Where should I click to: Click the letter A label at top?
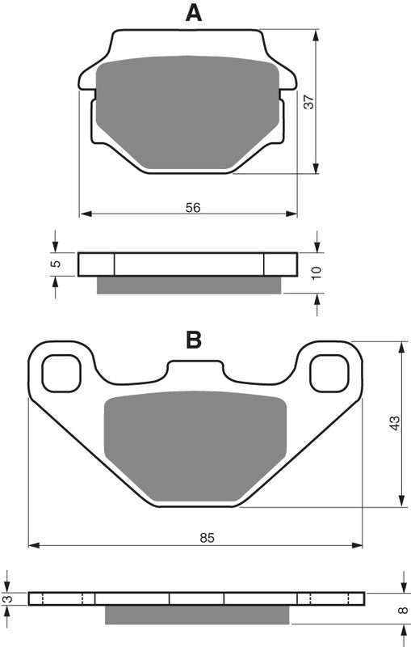click(x=193, y=13)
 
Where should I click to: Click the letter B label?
click(x=194, y=340)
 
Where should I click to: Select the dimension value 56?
click(x=192, y=208)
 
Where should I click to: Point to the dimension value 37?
click(x=308, y=102)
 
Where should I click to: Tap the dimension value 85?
click(x=207, y=537)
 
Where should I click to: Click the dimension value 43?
click(x=394, y=424)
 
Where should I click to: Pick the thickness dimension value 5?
click(x=56, y=264)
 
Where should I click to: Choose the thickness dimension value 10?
click(x=317, y=273)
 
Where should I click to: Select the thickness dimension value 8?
click(x=401, y=611)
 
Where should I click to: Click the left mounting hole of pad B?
click(x=61, y=374)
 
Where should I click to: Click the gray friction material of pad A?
click(x=187, y=113)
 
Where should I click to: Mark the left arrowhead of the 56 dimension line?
click(x=84, y=214)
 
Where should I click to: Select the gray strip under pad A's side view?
click(x=190, y=285)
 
